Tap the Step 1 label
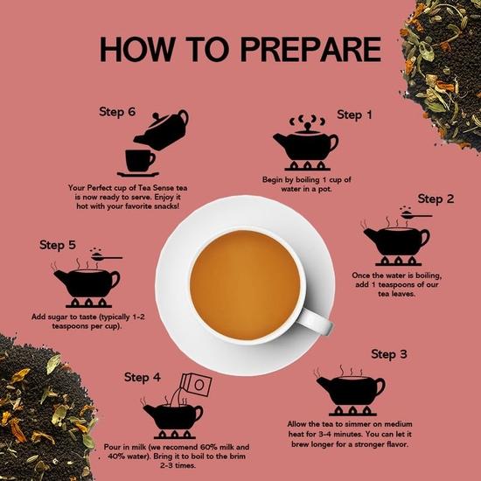coord(355,115)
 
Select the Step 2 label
coord(436,199)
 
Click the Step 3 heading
coord(389,354)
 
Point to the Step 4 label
coord(143,377)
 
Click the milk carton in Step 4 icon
coord(195,386)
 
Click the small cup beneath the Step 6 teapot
coord(139,161)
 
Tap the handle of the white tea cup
coord(318,321)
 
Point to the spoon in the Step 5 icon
coord(108,258)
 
